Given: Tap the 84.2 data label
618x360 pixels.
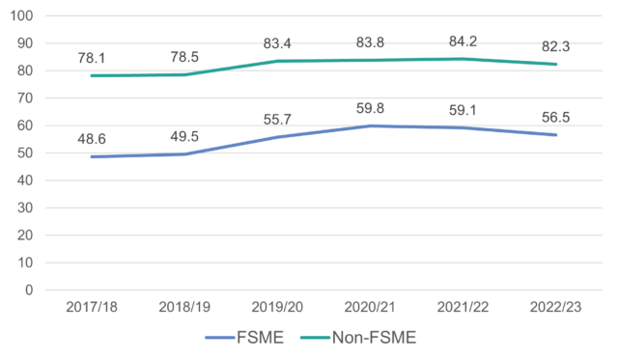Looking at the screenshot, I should point(463,42).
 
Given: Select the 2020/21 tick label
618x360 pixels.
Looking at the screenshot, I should point(370,307).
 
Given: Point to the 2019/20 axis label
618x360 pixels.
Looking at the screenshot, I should point(277,307).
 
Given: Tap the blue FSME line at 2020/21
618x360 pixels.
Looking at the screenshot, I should point(370,126).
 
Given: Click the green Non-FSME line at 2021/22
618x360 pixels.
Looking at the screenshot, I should point(463,59).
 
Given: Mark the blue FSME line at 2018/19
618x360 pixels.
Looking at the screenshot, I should point(185,154).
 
